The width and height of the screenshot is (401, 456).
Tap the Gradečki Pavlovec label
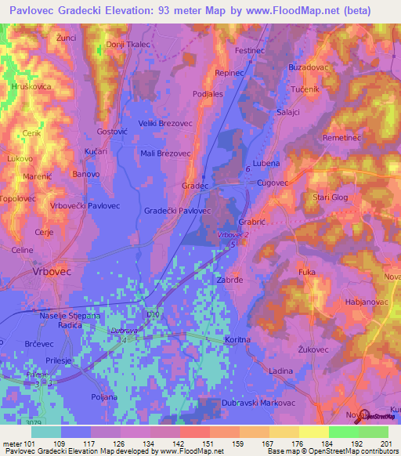pos(179,211)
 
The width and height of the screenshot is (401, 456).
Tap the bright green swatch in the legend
pos(373,432)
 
